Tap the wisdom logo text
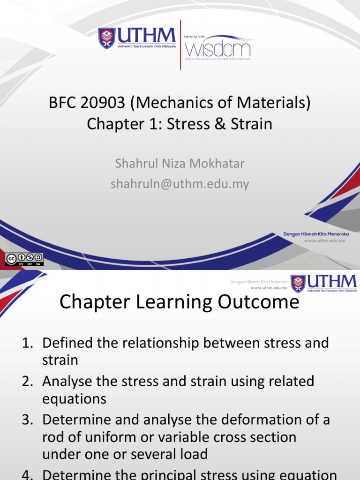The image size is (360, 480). pos(218,49)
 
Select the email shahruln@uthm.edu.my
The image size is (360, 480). pos(180,184)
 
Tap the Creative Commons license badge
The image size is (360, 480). pos(24,259)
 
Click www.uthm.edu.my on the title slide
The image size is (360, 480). pos(324,240)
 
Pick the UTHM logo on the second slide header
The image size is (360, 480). pos(323,284)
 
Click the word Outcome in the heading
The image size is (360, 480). pos(261,302)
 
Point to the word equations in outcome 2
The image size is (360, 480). pos(74,398)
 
